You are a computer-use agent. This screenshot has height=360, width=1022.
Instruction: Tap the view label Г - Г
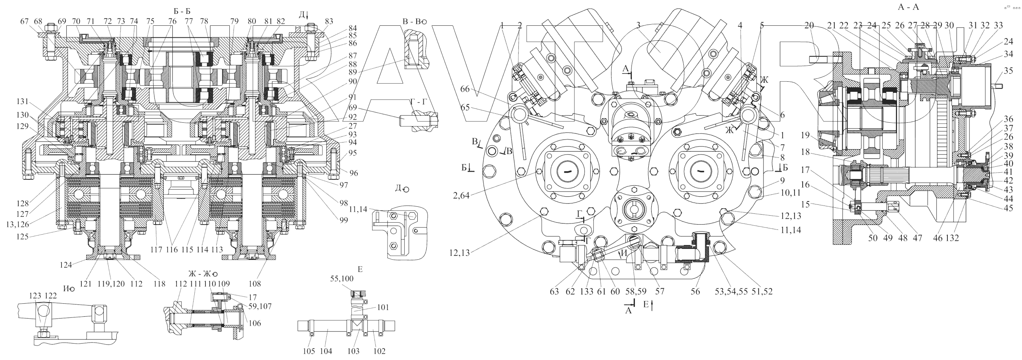[x=419, y=102]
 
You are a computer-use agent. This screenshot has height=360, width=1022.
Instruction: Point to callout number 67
[x=25, y=21]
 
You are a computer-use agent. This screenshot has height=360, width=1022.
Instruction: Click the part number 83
[x=329, y=21]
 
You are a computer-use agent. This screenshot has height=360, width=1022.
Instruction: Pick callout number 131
[x=23, y=101]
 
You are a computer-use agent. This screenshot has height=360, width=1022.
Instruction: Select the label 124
[x=66, y=264]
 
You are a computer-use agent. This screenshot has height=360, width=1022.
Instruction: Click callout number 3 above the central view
[x=638, y=25]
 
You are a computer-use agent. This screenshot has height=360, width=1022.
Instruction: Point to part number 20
[x=809, y=25]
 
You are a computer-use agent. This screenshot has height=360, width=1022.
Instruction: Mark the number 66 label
[x=465, y=89]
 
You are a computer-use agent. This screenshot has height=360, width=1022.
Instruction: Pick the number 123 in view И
[x=35, y=296]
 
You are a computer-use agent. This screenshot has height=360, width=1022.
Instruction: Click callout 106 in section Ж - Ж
[x=255, y=323]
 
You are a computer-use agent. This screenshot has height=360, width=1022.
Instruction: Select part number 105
[x=309, y=351]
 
